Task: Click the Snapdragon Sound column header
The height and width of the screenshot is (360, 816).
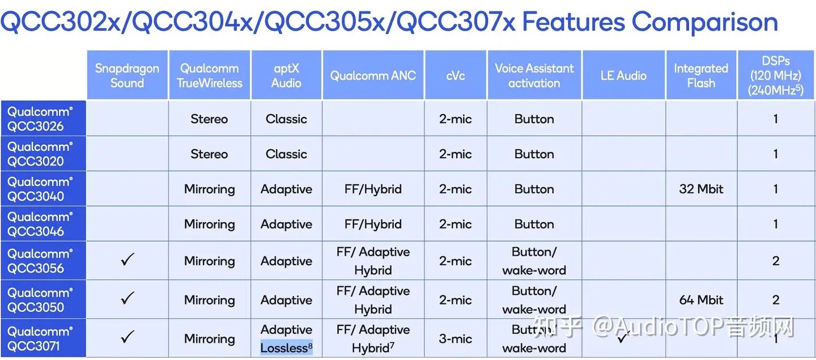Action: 127,75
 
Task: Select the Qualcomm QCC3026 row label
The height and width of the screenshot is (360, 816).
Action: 40,119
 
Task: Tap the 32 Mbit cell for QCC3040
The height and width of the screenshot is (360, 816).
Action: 701,189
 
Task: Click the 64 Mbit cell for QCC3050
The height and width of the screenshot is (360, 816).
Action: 701,299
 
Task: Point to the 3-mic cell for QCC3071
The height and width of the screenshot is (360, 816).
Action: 455,339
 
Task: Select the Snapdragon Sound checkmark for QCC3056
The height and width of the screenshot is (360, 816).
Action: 127,259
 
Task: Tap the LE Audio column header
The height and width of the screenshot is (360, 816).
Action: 623,75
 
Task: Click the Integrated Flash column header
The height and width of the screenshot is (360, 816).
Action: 701,75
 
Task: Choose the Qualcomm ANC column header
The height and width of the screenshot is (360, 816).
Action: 373,75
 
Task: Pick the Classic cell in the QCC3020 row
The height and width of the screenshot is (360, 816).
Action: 286,154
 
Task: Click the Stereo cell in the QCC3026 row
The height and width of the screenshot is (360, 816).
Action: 209,119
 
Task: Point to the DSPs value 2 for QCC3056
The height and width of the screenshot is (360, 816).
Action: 776,261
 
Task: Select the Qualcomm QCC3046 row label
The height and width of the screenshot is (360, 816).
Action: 40,224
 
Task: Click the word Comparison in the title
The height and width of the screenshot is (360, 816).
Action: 704,23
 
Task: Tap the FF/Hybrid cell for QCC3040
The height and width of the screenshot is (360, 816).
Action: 373,189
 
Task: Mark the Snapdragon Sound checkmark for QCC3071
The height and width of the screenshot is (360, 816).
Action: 127,337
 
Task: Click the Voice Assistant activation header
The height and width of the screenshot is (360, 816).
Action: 534,75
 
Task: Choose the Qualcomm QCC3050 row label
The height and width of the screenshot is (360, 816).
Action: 40,299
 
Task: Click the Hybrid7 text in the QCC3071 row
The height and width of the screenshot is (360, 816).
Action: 373,348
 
